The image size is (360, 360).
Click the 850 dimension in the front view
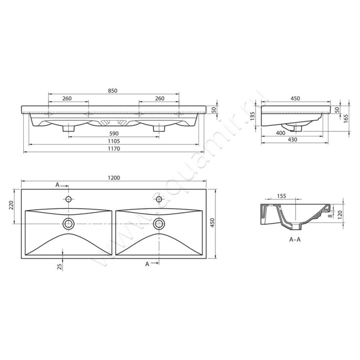(112, 91)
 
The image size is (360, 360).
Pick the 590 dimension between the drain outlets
(112, 133)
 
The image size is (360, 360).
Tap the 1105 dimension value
(112, 141)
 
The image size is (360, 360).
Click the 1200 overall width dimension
(114, 178)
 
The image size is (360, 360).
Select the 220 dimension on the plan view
(12, 206)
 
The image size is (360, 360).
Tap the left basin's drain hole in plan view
(69, 223)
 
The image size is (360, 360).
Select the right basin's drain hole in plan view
(159, 223)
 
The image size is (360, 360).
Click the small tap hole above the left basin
(69, 199)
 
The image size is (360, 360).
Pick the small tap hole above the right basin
(159, 199)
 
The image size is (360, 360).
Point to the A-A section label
(295, 240)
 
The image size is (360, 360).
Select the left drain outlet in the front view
(68, 128)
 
